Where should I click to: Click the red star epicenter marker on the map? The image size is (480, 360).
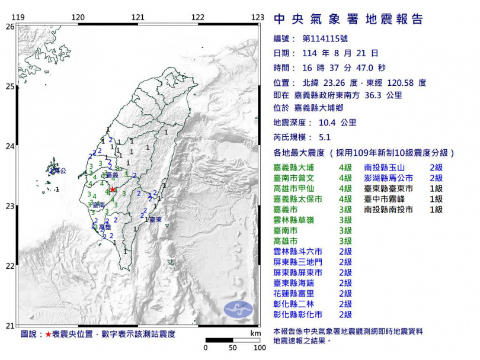coord(113,189)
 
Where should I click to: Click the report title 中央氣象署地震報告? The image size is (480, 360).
coord(348,20)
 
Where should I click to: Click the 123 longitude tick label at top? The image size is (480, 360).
coord(257,17)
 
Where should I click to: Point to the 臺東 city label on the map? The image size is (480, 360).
coord(155,220)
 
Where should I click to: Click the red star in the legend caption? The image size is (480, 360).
coord(48,335)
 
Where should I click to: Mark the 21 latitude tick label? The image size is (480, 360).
coord(10,326)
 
